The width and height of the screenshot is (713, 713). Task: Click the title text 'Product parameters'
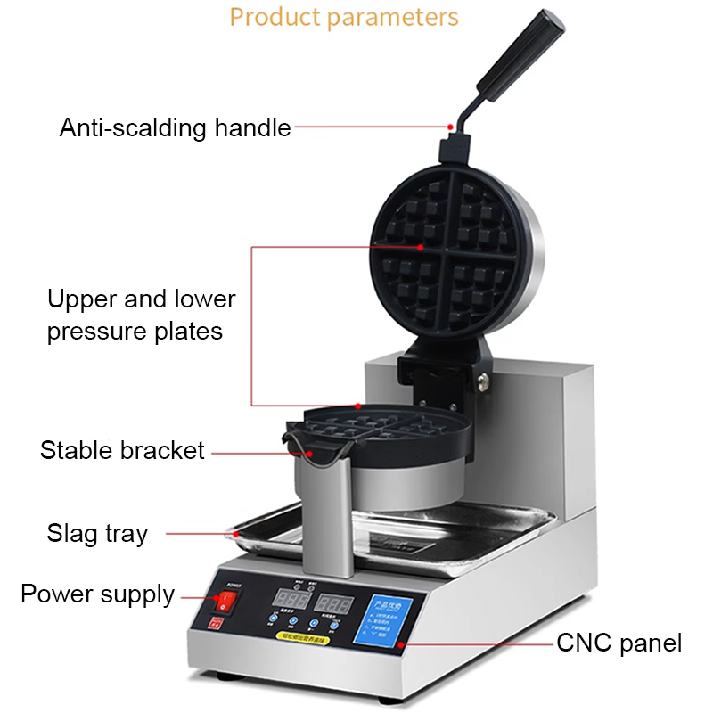(x=344, y=17)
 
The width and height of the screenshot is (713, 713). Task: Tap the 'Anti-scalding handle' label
(x=176, y=127)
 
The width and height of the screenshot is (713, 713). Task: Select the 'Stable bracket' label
(x=122, y=450)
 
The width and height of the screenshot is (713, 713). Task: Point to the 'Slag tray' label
(x=97, y=534)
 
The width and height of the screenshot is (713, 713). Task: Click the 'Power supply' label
(x=97, y=594)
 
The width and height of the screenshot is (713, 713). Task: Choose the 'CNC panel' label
(x=619, y=642)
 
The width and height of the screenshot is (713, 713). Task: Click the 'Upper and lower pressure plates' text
(x=141, y=315)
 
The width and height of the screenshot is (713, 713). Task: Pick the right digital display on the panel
(x=334, y=603)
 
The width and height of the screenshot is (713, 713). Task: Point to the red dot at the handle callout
(x=451, y=127)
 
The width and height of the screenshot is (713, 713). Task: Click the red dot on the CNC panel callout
(x=400, y=642)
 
